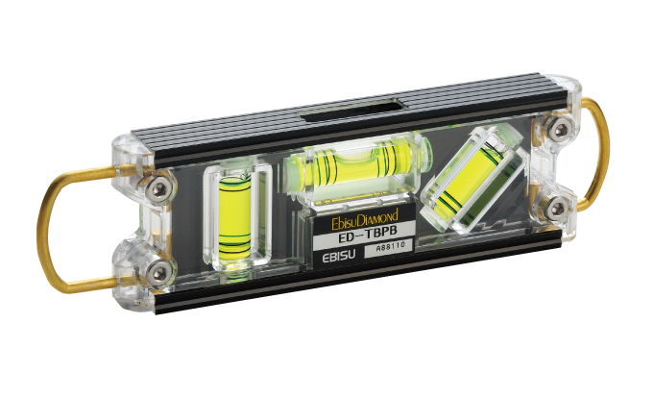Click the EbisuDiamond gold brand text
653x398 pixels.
tap(364, 219)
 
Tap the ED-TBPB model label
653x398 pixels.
tap(361, 239)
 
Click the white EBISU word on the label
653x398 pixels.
tap(339, 255)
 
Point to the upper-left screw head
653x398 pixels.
tap(159, 190)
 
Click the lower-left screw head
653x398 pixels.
tap(159, 273)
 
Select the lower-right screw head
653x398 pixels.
tap(557, 209)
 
